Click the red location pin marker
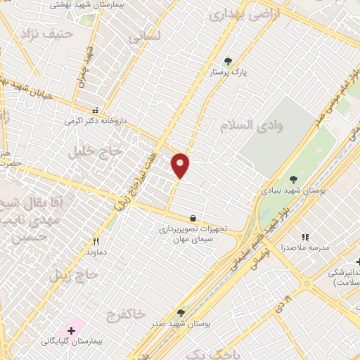point(181,165)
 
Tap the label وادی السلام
point(251,125)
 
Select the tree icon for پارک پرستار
point(227,61)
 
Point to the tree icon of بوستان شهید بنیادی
point(293,180)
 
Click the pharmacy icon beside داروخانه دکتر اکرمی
point(95,110)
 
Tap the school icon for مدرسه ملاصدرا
point(304,238)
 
